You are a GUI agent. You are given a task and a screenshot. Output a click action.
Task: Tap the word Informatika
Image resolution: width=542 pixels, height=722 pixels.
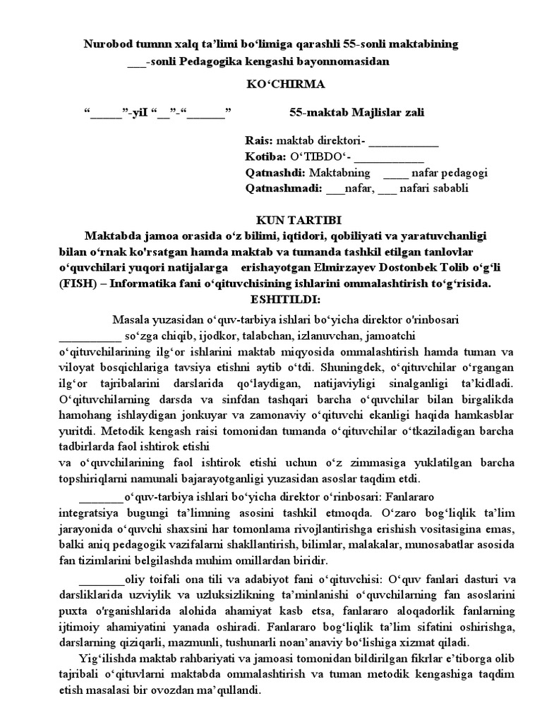click(146, 284)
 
